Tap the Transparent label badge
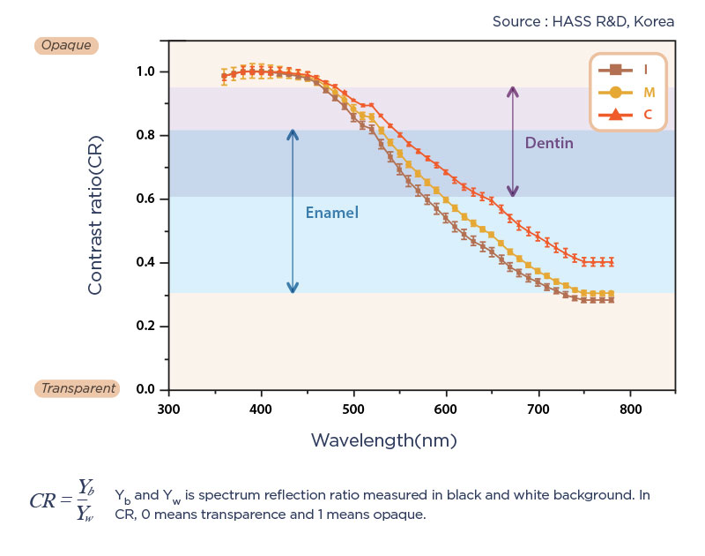click(77, 388)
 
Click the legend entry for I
click(627, 70)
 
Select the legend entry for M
click(627, 92)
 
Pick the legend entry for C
click(627, 114)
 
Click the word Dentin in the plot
click(549, 143)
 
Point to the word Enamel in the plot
click(331, 213)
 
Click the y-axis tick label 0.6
click(145, 199)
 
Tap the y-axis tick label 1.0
click(145, 72)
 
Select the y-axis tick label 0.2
click(145, 327)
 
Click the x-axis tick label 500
click(353, 409)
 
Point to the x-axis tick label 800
click(630, 409)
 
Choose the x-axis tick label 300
click(168, 409)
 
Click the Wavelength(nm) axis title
click(384, 440)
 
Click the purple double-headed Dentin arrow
click(513, 141)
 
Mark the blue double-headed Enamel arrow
click(293, 210)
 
